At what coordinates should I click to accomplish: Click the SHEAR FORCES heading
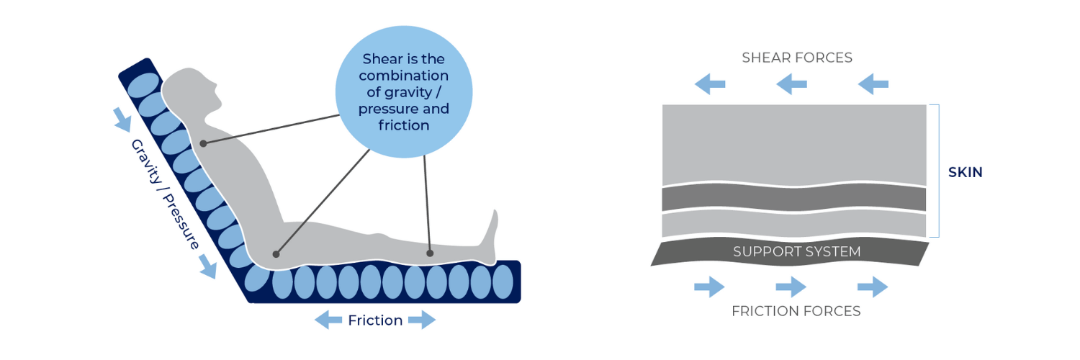click(797, 58)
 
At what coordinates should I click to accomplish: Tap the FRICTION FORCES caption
click(796, 311)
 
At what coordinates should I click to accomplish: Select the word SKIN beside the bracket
click(966, 173)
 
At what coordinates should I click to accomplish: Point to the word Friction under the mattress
click(375, 320)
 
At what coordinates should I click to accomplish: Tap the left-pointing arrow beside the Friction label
click(328, 320)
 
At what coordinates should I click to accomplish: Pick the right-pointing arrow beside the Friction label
click(422, 320)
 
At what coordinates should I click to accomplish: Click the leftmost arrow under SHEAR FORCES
click(710, 85)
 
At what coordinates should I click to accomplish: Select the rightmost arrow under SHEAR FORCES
click(873, 85)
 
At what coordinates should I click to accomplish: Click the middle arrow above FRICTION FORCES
click(791, 287)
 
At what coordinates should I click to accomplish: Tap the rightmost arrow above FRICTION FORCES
click(873, 287)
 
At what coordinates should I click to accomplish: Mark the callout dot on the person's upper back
click(204, 143)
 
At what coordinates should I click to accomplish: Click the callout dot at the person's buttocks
click(276, 253)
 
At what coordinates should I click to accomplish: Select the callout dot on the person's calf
click(430, 253)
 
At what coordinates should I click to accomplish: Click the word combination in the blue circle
click(403, 76)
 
